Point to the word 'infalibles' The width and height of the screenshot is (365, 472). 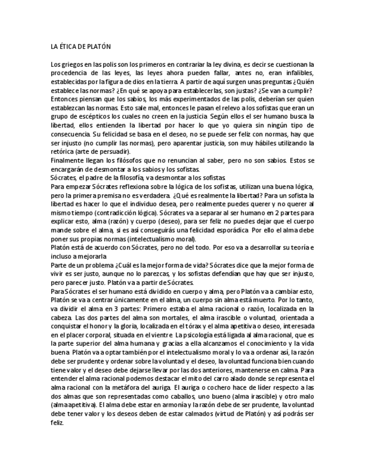(300, 73)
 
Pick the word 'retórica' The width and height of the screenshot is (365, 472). (64, 151)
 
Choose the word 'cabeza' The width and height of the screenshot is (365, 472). (60, 317)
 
